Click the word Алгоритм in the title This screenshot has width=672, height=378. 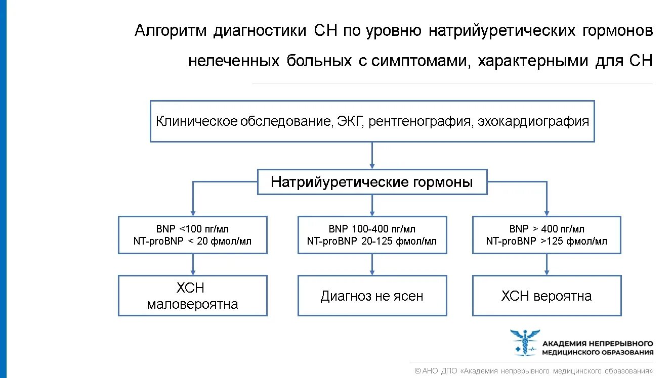(171, 31)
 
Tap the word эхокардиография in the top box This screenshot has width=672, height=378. (533, 122)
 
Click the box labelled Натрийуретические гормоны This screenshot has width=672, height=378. (372, 182)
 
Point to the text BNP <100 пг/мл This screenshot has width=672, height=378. (192, 229)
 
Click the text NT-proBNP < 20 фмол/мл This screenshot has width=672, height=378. (192, 241)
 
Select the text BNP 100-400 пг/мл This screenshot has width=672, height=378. (372, 229)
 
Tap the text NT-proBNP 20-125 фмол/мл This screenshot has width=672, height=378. (372, 241)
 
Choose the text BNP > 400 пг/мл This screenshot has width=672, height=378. (547, 229)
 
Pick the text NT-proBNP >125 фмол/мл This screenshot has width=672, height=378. (547, 241)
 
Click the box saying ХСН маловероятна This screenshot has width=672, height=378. (192, 296)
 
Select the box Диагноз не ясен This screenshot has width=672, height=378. (372, 296)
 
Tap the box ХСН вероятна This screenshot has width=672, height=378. (547, 296)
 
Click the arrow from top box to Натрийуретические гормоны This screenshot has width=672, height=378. (372, 155)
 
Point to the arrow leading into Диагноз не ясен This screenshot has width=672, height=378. (372, 264)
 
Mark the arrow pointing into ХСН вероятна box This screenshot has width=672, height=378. (547, 264)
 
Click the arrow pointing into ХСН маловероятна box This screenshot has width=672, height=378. (192, 264)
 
